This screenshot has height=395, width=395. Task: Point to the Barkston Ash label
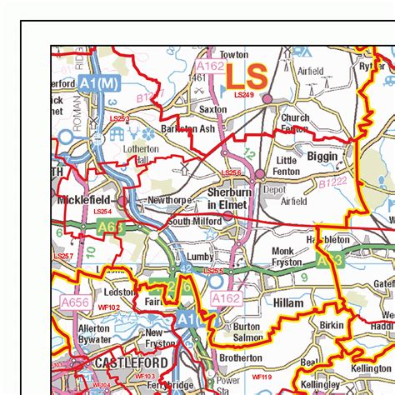click(x=188, y=128)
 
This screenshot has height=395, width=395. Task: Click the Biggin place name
click(x=322, y=156)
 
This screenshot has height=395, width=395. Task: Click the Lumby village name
click(x=201, y=257)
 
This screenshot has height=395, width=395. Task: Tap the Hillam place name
click(x=288, y=304)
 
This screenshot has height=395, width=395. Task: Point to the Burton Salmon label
click(x=247, y=332)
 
